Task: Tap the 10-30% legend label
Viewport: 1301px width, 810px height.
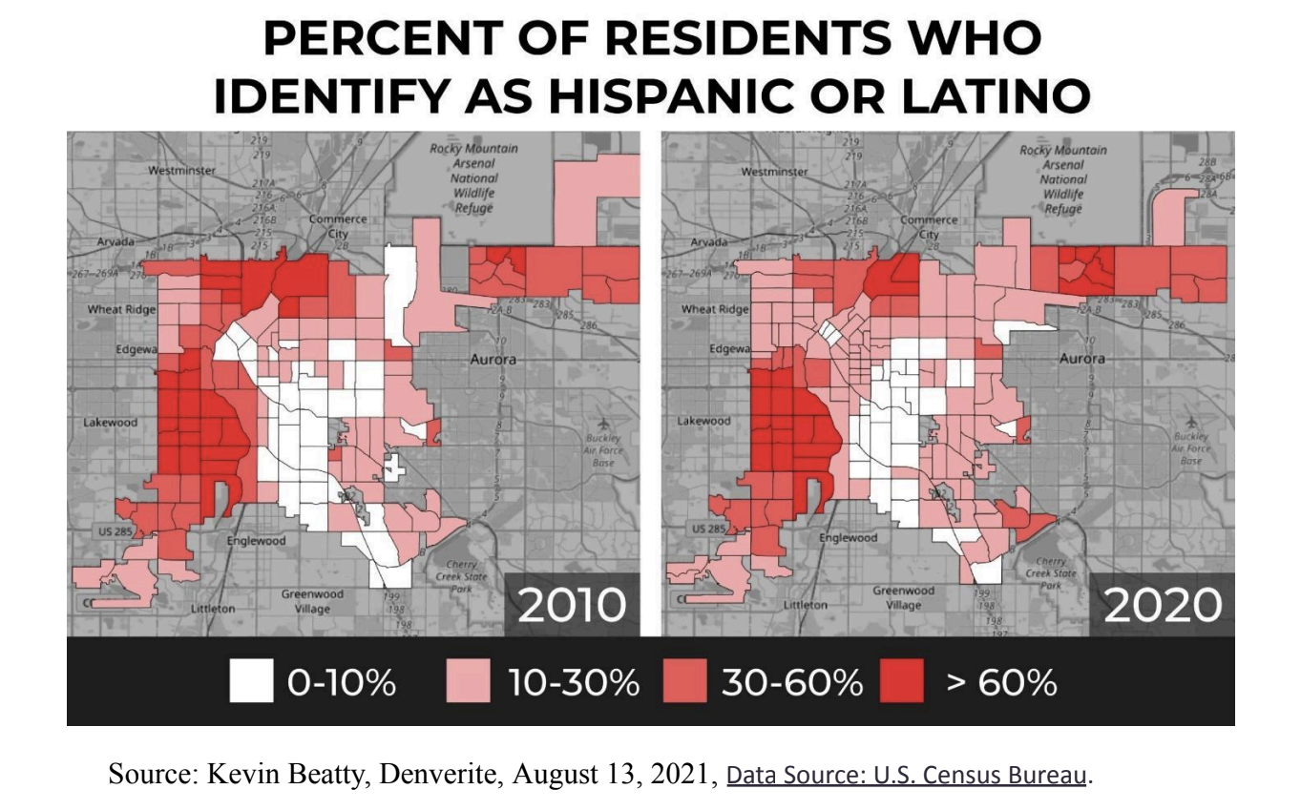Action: [574, 682]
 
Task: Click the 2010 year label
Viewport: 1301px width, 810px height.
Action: [572, 605]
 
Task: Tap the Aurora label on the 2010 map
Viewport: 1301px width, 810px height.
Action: [493, 360]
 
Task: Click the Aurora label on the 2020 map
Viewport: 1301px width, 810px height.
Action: [1082, 359]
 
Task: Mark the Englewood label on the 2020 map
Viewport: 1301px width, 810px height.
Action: [848, 538]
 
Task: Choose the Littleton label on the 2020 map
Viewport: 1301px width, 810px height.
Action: [806, 605]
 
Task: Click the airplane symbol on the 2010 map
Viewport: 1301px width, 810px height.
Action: [601, 424]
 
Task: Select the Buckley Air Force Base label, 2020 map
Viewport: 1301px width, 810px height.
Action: [1190, 447]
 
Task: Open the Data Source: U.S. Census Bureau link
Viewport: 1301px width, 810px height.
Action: [907, 776]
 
